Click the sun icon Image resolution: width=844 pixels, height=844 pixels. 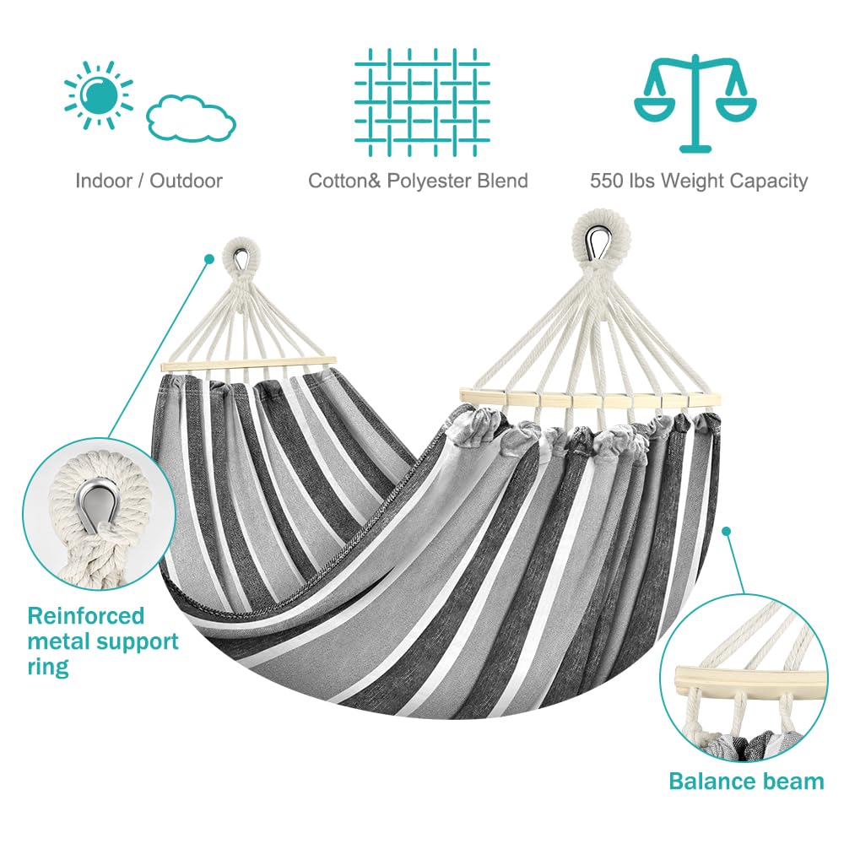99,93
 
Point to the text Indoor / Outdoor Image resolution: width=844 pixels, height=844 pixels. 149,181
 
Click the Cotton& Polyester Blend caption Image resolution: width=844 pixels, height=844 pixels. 418,181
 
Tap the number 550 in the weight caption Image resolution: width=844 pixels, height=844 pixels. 607,181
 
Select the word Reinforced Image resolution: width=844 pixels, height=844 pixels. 85,615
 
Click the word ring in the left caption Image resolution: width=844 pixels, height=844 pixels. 47,667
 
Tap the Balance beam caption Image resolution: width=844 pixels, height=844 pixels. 746,781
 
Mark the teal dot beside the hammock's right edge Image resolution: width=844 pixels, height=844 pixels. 726,532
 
